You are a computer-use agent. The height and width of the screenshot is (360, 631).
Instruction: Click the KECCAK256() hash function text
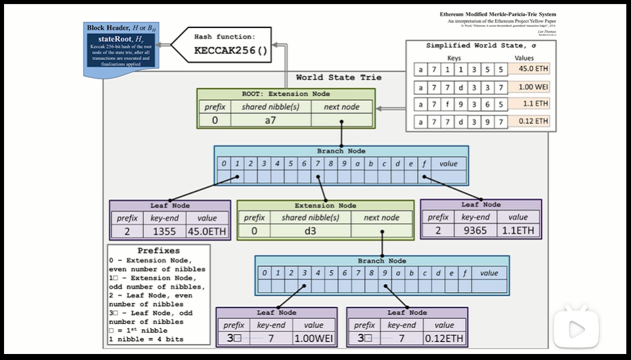point(230,51)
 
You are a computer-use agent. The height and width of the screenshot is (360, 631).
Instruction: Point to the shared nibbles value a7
point(271,120)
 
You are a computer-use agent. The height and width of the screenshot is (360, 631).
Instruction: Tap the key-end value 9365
point(476,231)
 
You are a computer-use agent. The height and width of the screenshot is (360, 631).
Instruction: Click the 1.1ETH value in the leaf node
point(518,231)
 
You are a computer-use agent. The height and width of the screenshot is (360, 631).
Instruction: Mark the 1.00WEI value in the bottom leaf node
point(313,339)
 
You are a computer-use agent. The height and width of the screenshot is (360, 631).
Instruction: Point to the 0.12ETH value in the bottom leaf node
point(444,339)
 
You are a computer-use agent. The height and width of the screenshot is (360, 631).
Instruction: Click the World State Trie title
point(339,78)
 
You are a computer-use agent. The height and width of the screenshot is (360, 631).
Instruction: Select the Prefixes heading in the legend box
point(158,251)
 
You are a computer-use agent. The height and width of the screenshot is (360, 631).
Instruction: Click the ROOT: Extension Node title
point(285,94)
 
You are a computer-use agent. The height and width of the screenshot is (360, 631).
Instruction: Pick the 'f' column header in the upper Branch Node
point(424,163)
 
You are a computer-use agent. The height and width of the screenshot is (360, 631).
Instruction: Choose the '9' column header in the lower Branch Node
point(385,273)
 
